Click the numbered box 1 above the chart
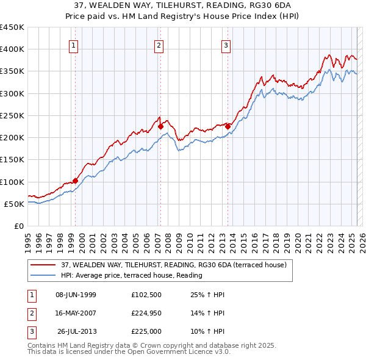pos(73,45)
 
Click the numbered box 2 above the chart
pos(159,45)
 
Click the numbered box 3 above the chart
pos(226,45)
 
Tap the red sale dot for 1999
pos(76,181)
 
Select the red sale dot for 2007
pos(160,127)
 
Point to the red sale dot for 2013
pos(228,126)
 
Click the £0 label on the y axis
pos(19,226)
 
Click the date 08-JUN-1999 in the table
pos(76,295)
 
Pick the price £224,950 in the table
pos(145,314)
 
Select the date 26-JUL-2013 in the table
pos(77,332)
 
